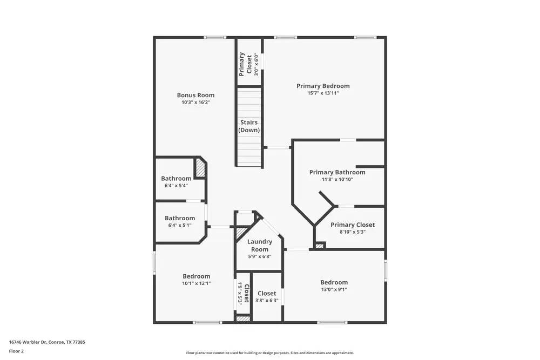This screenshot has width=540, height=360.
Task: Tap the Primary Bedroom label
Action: coord(323,86)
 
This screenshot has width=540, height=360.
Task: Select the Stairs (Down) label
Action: coord(249,126)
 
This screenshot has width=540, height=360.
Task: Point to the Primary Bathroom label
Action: coord(337,172)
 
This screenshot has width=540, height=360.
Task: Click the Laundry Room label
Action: coord(260,245)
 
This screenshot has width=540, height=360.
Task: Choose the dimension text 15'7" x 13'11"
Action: coord(323,93)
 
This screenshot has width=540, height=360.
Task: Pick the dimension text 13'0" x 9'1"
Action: coord(334,289)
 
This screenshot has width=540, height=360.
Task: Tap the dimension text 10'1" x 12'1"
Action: coord(196,283)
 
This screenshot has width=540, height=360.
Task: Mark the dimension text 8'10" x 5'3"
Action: coord(352,232)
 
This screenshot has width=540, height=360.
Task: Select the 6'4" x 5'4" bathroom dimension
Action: coord(176,186)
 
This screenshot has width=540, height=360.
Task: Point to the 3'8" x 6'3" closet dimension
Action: coord(267,301)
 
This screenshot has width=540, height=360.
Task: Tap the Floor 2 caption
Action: coord(16,351)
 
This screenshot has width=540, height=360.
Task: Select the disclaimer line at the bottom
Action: coord(270,353)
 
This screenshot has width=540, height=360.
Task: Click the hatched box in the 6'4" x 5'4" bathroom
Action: coord(200,167)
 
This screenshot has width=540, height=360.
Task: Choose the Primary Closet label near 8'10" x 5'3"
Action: coord(352,225)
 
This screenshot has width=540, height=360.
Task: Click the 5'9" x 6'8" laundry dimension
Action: coord(260,256)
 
